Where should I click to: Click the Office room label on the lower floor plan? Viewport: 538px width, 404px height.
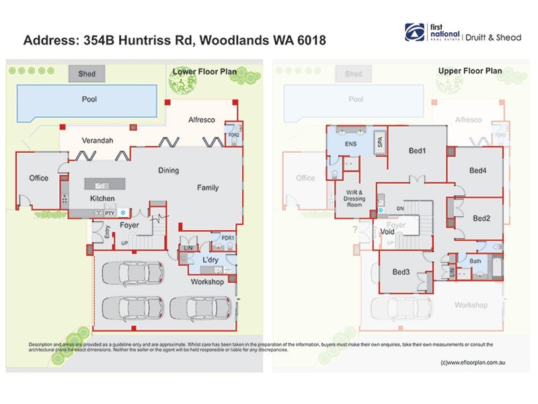pos(39,178)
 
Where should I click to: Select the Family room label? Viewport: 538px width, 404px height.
pos(207,188)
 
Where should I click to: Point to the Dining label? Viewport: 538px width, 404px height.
pos(168,170)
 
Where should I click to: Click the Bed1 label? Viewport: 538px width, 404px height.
pos(418,150)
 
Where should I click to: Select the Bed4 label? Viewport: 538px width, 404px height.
pos(477,170)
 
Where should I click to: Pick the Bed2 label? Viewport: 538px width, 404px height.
pos(482,218)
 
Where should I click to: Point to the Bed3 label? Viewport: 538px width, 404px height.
pos(401,272)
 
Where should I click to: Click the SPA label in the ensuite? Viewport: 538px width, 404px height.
pos(379,143)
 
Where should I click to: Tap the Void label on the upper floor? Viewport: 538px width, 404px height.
pos(387,232)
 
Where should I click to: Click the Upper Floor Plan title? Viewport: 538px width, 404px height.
pos(470,71)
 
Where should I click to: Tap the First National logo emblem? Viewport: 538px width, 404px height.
pos(414,32)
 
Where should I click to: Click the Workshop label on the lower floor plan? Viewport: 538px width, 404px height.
pos(206,281)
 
